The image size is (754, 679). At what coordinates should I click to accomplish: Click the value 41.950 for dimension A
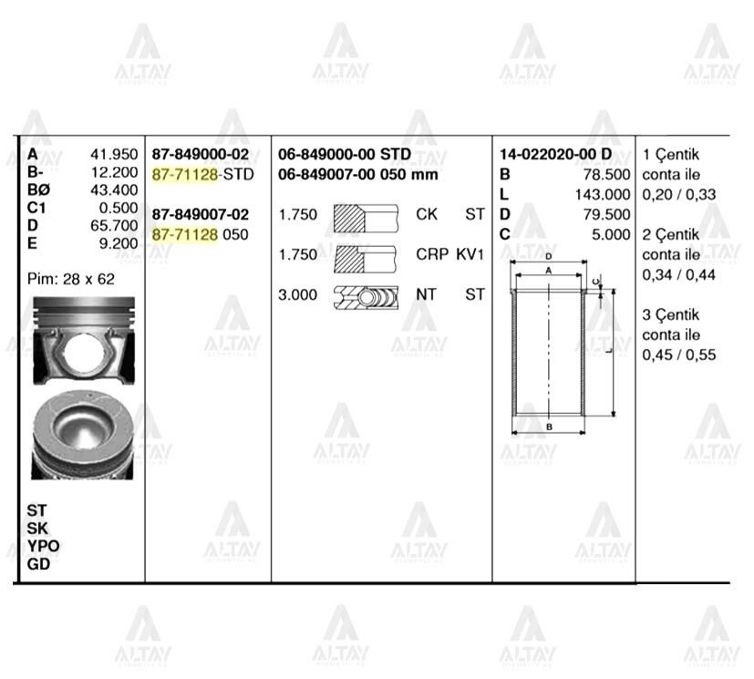pos(116,154)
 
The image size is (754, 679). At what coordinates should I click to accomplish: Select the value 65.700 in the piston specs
pos(116,224)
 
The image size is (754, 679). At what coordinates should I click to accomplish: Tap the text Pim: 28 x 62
pos(71,279)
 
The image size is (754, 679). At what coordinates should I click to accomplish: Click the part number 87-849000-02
pos(200,154)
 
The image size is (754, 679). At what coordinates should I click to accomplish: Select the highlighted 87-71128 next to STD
pos(184,174)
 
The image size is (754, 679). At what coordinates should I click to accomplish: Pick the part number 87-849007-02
pos(200,215)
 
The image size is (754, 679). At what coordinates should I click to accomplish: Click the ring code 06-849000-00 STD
pos(345,154)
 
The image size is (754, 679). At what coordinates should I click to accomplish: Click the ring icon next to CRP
pos(366,256)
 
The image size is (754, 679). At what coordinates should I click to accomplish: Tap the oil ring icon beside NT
pos(366,295)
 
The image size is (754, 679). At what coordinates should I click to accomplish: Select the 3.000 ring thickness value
pos(298,295)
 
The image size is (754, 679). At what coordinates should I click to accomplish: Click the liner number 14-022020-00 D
pos(556,154)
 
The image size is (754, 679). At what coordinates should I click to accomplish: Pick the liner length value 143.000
pos(603,194)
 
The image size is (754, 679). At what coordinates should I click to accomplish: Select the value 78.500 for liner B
pos(606,174)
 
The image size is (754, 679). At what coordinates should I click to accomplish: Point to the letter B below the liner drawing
pos(549,427)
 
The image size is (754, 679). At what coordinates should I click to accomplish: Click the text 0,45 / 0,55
pos(678,355)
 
